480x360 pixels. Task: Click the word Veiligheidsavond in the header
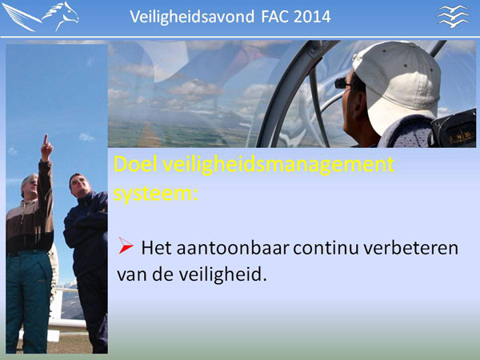pos(192,17)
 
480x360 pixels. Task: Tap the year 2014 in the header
pos(312,17)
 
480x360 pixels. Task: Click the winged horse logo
pos(41,17)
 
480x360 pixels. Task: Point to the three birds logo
pos(454,17)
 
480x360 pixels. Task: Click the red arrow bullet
pos(126,246)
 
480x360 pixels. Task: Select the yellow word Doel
pos(136,165)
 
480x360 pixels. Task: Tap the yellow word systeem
pos(155,194)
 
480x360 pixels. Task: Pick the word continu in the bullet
pos(326,248)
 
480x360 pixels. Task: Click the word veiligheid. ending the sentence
pos(222,274)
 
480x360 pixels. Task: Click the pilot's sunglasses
pos(342,82)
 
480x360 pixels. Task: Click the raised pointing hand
pos(46,148)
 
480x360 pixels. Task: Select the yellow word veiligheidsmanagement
pos(278,166)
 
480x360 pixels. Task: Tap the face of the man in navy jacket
pos(79,185)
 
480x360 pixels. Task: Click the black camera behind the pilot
pos(454,129)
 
